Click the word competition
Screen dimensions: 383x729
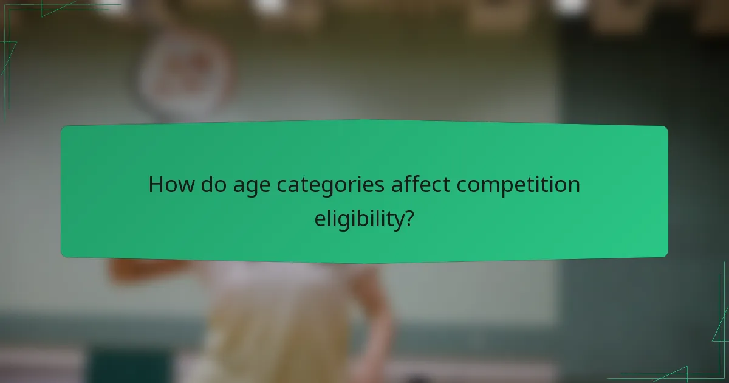tap(518, 185)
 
